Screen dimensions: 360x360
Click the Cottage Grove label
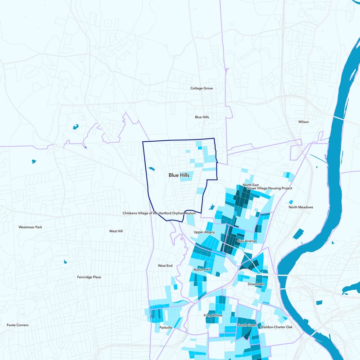pos(201,88)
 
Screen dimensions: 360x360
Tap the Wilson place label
pos(303,122)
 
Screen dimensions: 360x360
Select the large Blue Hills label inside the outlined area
pos(180,175)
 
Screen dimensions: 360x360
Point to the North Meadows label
pos(301,207)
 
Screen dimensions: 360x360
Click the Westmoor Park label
pos(30,227)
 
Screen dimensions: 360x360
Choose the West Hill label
pos(116,231)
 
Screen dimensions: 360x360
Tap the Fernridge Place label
pos(89,277)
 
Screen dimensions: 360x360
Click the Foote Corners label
pos(18,325)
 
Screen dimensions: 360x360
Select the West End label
pos(165,266)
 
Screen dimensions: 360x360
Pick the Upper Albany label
pos(205,232)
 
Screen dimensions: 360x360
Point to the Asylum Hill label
pos(202,270)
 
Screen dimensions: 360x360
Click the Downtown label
pos(256,284)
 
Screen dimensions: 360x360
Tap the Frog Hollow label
pos(213,315)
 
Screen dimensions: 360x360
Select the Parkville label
pos(166,328)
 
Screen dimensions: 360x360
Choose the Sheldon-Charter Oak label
pos(276,327)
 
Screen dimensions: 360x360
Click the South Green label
pos(247,325)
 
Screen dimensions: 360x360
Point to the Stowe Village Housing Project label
pos(266,188)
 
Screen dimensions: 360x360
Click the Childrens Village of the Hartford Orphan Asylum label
pos(159,213)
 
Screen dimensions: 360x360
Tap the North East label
pos(251,185)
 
